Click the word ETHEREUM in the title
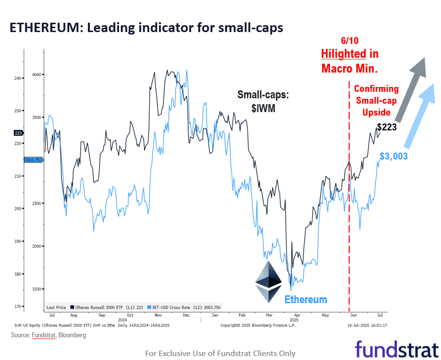45,28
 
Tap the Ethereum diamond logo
269,281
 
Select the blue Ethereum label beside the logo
306,300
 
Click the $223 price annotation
387,127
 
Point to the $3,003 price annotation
394,156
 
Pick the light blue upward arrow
420,116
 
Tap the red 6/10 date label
350,41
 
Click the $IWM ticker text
263,108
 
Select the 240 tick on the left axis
17,78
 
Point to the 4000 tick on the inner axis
37,75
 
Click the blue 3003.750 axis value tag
33,160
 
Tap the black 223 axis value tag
19,133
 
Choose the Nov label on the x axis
159,315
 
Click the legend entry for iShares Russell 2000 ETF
107,307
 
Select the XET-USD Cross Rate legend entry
184,307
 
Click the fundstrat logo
397,349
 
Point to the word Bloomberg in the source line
72,335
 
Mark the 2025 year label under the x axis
294,320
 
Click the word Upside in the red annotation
376,113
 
